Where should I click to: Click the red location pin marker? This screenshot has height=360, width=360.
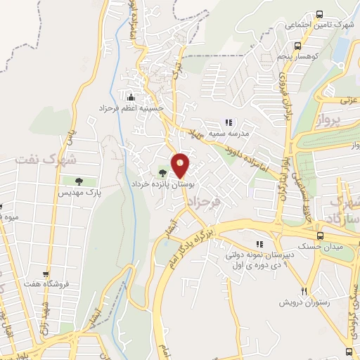coord(181,166)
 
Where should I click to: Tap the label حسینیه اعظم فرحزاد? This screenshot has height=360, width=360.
coord(135,108)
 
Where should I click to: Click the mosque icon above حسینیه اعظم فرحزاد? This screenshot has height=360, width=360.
coord(130,96)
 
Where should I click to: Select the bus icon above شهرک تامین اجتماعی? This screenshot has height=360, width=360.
coord(320,14)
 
